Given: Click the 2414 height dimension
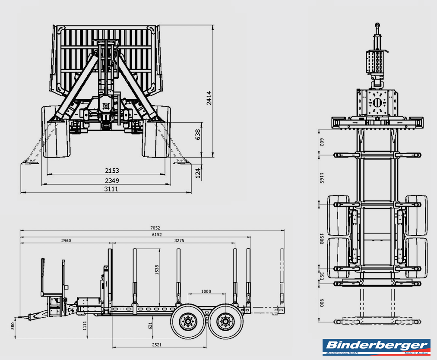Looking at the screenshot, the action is (x=209, y=98).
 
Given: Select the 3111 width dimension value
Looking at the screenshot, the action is (x=111, y=189).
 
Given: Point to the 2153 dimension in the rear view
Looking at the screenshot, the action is (x=112, y=171).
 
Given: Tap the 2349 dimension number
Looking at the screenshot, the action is (x=112, y=180).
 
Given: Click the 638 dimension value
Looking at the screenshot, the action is (x=198, y=135).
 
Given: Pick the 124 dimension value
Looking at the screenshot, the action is (x=198, y=173).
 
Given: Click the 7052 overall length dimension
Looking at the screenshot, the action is (x=155, y=228).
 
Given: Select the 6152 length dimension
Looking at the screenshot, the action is (x=157, y=235).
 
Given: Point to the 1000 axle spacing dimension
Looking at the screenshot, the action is (x=206, y=291).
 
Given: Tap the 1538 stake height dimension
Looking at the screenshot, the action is (x=157, y=270).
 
